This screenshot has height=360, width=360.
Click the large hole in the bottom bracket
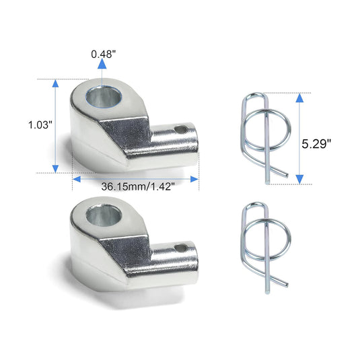point(103,217)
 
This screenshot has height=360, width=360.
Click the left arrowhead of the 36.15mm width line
point(77,178)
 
